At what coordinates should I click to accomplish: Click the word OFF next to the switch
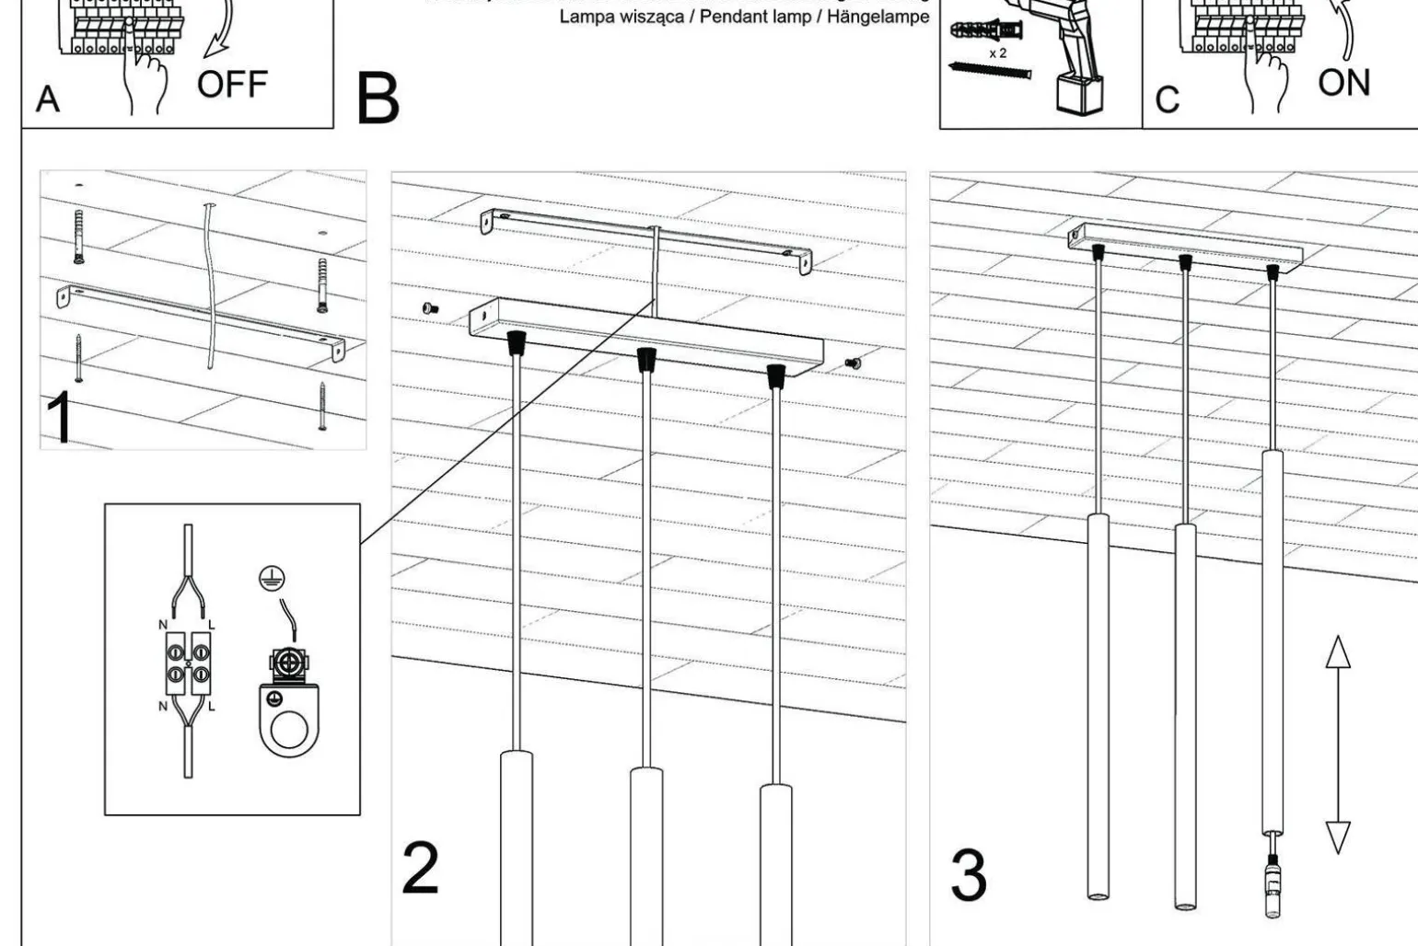(x=232, y=85)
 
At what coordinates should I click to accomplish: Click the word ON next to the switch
(x=1343, y=83)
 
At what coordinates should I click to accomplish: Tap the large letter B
(x=378, y=98)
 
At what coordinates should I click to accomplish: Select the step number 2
(x=420, y=867)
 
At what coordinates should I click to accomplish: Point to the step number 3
(x=968, y=875)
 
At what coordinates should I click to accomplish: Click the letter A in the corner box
(x=47, y=99)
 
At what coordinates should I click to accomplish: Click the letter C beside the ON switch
(x=1167, y=100)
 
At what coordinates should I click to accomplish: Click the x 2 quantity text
(x=998, y=53)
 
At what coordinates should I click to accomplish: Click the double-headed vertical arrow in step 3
(x=1337, y=744)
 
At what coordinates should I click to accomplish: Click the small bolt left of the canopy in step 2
(x=429, y=308)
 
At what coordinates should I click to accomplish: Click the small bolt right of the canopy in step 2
(x=853, y=364)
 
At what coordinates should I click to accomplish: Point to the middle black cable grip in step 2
(x=645, y=360)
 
